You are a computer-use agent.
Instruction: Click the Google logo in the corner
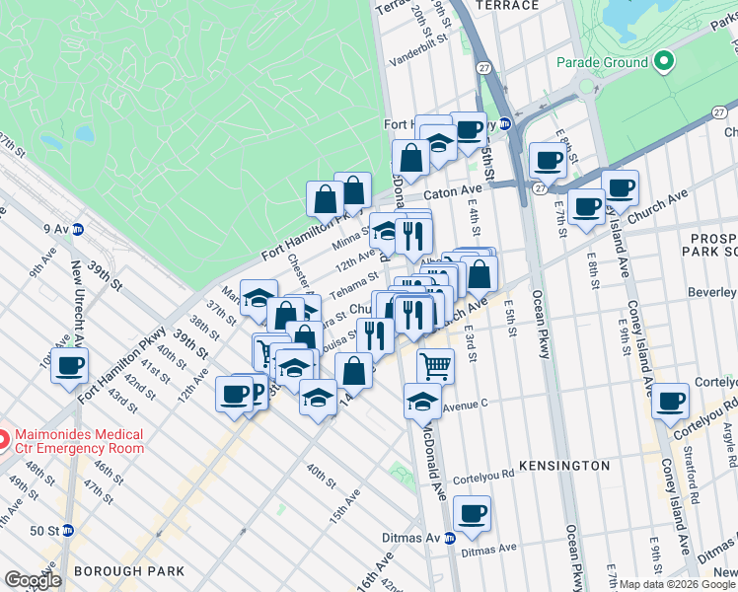point(33,580)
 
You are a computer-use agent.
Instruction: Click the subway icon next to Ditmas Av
point(449,538)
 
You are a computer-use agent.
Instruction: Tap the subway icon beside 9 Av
point(78,229)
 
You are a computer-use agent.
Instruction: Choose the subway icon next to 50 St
point(67,530)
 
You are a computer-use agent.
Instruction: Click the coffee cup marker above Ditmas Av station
point(473,515)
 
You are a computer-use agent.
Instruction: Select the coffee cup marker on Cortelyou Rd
point(670,402)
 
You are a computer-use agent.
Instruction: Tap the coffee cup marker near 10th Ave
point(69,366)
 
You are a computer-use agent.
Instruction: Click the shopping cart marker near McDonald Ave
point(435,365)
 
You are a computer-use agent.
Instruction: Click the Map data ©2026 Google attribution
point(678,584)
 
